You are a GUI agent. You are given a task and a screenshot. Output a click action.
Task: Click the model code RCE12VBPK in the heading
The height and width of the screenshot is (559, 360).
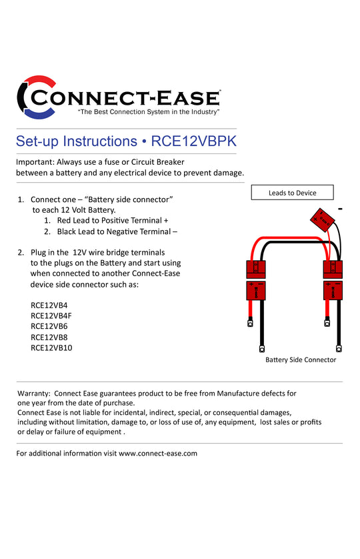(193, 141)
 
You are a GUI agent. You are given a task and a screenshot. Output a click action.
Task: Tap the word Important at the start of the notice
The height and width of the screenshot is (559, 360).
(35, 162)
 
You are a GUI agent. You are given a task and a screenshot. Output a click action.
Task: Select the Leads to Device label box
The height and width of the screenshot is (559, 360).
(292, 193)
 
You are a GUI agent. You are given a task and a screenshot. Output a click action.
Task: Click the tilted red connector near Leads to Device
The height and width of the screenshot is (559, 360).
(322, 220)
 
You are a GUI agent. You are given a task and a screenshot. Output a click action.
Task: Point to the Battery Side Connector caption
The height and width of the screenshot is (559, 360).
(301, 360)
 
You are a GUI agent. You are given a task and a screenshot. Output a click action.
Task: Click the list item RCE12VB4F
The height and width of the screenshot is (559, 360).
(51, 316)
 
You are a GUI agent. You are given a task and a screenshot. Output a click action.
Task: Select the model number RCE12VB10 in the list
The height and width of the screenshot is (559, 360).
(51, 348)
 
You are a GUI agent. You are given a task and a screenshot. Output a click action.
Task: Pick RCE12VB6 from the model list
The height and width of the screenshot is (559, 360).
(49, 326)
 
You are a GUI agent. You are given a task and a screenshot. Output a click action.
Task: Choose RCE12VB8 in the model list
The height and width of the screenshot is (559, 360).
(49, 338)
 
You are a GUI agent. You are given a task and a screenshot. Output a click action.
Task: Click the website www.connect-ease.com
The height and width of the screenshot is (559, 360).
(158, 454)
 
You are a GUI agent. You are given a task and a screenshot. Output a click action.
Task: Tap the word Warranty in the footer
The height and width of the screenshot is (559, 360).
(33, 394)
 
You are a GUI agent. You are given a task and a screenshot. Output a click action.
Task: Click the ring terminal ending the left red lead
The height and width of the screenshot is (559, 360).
(250, 323)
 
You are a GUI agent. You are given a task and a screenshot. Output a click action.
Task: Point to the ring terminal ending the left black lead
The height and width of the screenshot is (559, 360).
(262, 348)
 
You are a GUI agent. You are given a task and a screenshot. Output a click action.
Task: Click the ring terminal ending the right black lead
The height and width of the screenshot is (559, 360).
(339, 348)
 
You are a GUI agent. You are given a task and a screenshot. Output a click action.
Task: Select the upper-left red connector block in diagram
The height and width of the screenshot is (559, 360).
(256, 269)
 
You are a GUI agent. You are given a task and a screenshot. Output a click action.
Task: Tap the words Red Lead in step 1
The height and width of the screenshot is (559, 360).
(73, 221)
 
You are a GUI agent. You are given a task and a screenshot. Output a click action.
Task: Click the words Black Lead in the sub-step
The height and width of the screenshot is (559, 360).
(75, 231)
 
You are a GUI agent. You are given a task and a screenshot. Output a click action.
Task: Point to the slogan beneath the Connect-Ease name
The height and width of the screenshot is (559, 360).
(149, 112)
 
